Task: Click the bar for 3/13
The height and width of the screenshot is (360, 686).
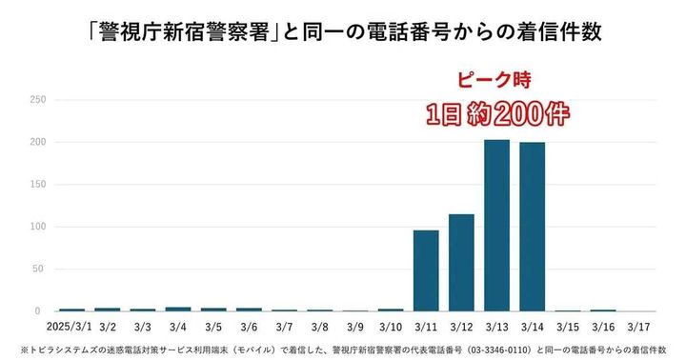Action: click(x=496, y=225)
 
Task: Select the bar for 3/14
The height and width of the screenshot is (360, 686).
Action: click(x=532, y=227)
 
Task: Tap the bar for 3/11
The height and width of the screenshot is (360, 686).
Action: click(x=426, y=270)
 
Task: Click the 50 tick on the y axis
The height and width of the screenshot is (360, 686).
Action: click(x=41, y=270)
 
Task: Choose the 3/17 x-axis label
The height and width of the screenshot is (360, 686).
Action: click(x=638, y=326)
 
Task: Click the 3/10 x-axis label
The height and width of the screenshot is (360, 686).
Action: click(x=391, y=326)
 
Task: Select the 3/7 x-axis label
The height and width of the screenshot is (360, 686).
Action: click(x=284, y=326)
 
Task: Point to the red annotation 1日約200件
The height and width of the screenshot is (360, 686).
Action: click(x=496, y=114)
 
